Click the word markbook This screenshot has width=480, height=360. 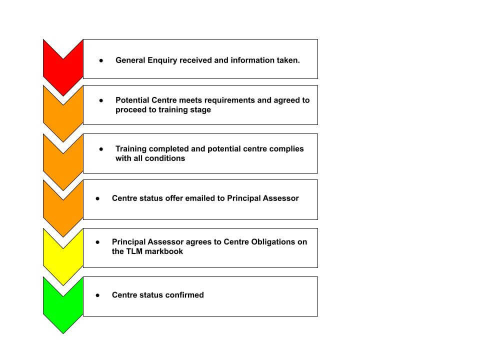tap(164, 251)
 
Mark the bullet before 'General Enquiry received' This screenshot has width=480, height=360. tap(101, 60)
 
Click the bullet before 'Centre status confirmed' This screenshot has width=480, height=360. tap(97, 295)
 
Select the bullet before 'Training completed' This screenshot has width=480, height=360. tap(101, 149)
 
